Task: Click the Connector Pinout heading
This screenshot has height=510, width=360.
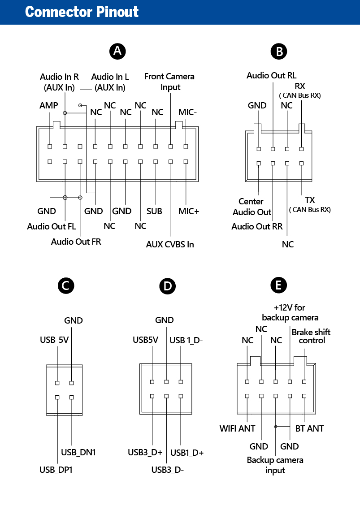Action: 82,12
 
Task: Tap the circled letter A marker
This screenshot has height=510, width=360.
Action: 117,51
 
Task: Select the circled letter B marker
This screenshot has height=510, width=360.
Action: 278,52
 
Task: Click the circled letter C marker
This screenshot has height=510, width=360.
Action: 66,285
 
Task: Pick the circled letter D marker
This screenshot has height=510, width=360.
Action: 167,286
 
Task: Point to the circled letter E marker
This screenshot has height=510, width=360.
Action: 278,285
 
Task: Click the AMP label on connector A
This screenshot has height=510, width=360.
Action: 48,105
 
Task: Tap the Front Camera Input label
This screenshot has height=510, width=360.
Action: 169,82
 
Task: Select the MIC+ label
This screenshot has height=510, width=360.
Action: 188,211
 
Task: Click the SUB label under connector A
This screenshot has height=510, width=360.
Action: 154,211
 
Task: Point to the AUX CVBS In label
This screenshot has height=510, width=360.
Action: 170,244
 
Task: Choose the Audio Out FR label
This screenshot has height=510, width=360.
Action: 76,242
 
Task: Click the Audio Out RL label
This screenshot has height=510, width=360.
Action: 272,75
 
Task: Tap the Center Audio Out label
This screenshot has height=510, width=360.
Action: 252,207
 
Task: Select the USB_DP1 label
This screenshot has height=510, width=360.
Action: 56,470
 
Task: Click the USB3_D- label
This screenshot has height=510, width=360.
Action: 167,470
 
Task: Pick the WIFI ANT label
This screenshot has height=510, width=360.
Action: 237,428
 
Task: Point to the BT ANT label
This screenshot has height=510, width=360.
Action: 309,428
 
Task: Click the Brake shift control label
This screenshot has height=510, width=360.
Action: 311,336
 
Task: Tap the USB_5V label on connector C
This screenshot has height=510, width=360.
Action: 54,340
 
